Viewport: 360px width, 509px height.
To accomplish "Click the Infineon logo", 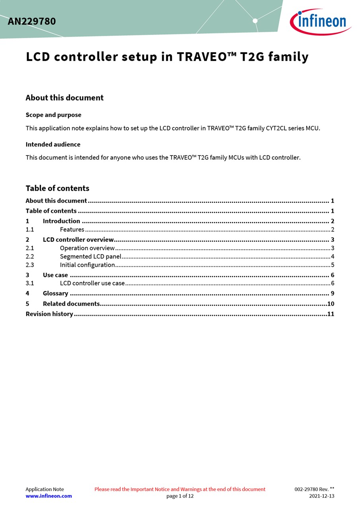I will pyautogui.click(x=320, y=21).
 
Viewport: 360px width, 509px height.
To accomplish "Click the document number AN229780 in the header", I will pyautogui.click(x=32, y=21).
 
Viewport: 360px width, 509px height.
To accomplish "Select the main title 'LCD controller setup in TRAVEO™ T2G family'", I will pyautogui.click(x=167, y=57).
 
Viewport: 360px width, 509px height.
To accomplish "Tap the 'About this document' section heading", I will pyautogui.click(x=64, y=98).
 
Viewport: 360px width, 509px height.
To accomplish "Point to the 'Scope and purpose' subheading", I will pyautogui.click(x=53, y=115).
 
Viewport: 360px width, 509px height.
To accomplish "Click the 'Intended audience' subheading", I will pyautogui.click(x=53, y=144).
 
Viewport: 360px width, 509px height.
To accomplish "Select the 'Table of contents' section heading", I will pyautogui.click(x=57, y=188).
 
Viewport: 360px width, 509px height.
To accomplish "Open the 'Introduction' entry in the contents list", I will pyautogui.click(x=61, y=221).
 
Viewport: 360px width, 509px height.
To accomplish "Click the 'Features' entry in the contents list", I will pyautogui.click(x=72, y=229).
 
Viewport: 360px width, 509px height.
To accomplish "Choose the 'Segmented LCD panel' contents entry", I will pyautogui.click(x=90, y=256).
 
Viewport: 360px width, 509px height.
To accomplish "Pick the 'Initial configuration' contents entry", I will pyautogui.click(x=88, y=265).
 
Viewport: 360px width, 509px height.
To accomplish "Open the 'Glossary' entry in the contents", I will pyautogui.click(x=55, y=293).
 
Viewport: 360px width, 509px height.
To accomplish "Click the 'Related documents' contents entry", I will pyautogui.click(x=71, y=304).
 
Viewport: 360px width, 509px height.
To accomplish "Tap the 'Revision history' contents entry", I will pyautogui.click(x=49, y=314).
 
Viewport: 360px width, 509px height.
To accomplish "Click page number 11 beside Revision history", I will pyautogui.click(x=331, y=314).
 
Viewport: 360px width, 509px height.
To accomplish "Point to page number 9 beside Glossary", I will pyautogui.click(x=332, y=293).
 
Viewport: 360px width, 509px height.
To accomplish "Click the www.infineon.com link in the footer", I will pyautogui.click(x=49, y=496).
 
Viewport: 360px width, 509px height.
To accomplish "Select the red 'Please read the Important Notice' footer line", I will pyautogui.click(x=180, y=489).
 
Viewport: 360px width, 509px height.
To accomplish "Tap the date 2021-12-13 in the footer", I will pyautogui.click(x=321, y=496).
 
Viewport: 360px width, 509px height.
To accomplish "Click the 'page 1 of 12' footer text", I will pyautogui.click(x=180, y=496).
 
